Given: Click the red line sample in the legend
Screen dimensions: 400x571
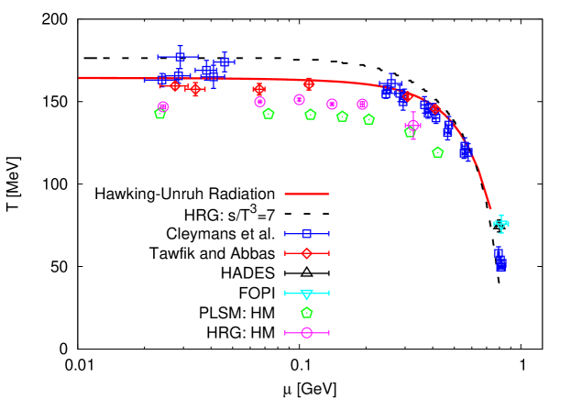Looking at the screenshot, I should tap(306, 194).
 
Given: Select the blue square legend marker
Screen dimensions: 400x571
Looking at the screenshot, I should tap(306, 234).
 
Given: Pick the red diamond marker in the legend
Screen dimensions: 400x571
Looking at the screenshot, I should tap(306, 253).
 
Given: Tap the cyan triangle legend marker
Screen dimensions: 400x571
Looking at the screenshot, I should tap(306, 294).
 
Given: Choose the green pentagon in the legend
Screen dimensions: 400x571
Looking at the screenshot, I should tap(306, 313).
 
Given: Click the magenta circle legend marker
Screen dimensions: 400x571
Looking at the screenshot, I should tap(306, 333).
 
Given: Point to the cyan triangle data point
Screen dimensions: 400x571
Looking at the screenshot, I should tap(500, 223).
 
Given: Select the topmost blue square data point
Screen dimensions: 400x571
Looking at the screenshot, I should tap(180, 57).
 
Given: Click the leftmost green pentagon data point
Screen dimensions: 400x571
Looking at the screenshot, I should tap(160, 114).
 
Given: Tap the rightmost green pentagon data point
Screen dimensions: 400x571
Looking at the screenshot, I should tap(437, 152).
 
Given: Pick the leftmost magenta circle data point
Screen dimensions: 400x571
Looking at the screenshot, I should tap(163, 106).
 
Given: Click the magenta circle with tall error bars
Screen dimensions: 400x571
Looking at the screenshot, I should tap(413, 125).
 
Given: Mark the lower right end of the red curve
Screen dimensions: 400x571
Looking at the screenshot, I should tap(490, 208).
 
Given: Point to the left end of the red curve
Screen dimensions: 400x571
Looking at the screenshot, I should tap(80, 78).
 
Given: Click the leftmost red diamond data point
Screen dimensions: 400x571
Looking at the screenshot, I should tap(174, 86).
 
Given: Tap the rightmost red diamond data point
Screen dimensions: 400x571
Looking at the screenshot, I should tap(434, 109).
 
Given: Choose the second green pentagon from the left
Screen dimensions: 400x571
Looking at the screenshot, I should tap(268, 114).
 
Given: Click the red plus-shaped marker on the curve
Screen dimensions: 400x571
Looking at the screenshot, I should tap(259, 89).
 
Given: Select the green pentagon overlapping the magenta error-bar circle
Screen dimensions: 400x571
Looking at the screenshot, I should tap(410, 132).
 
